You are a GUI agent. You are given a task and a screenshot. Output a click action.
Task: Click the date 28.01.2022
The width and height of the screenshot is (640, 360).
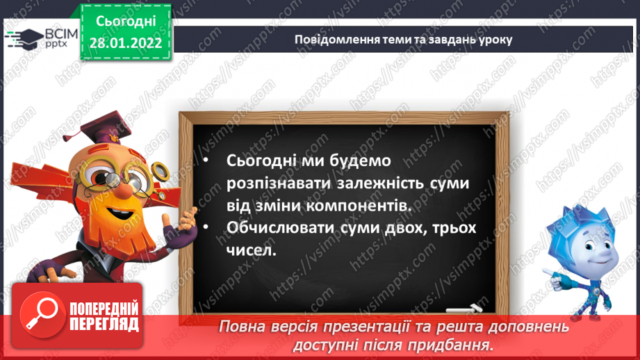[125, 43]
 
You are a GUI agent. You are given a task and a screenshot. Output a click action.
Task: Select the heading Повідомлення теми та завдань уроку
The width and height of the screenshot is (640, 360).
[403, 39]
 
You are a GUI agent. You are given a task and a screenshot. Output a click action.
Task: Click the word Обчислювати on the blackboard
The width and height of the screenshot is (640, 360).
[282, 228]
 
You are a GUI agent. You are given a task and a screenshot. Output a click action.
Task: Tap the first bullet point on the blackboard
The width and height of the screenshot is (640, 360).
[206, 161]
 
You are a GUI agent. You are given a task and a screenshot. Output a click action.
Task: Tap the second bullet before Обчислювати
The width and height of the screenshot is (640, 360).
[206, 228]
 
